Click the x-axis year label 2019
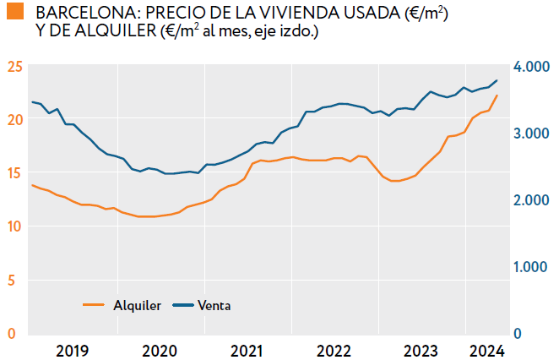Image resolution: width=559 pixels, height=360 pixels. coord(72,351)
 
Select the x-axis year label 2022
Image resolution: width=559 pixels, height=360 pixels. coord(334,351)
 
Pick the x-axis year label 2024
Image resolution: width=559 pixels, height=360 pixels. coord(486,351)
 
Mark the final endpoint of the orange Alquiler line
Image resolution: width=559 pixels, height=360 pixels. coord(497,95)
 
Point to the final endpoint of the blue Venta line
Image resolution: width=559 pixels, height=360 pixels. coord(497,80)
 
